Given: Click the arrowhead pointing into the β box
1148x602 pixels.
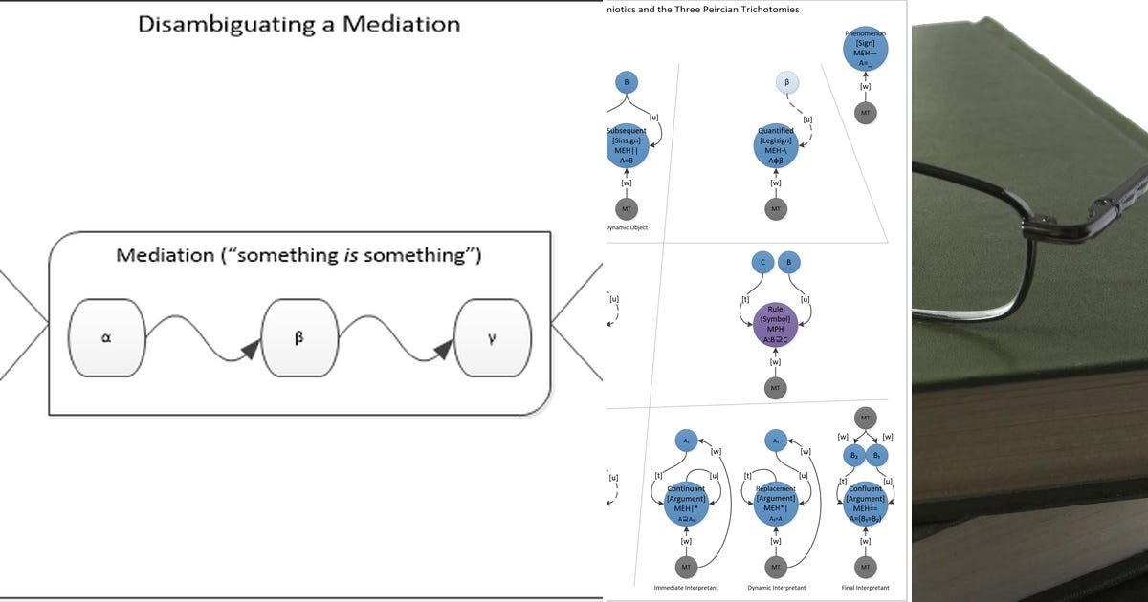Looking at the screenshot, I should pyautogui.click(x=251, y=350).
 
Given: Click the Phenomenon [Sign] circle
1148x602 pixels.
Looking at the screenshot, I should pyautogui.click(x=865, y=48).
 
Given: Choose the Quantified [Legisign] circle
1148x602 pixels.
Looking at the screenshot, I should pyautogui.click(x=776, y=145).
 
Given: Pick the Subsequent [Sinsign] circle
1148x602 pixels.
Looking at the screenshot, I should pyautogui.click(x=627, y=145).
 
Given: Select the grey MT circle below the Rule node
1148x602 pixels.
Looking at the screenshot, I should pyautogui.click(x=776, y=388).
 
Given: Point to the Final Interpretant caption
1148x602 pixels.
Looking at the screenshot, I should pyautogui.click(x=865, y=588).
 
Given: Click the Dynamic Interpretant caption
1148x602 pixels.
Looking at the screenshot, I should pyautogui.click(x=776, y=588).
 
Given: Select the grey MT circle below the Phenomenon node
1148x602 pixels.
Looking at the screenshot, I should pyautogui.click(x=865, y=113).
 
